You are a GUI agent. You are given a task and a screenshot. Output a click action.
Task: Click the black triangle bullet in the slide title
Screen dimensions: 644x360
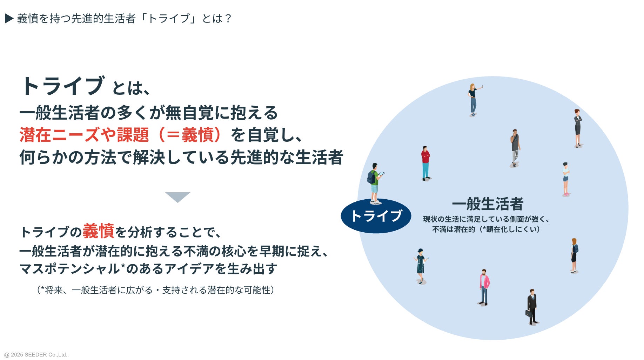[x=9, y=19]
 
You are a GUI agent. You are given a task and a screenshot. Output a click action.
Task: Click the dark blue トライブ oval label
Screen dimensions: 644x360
[x=376, y=216]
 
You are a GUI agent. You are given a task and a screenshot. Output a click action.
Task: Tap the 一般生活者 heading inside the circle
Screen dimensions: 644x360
[x=488, y=204]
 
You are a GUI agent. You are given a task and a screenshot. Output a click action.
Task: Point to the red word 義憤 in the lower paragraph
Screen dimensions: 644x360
[x=99, y=231]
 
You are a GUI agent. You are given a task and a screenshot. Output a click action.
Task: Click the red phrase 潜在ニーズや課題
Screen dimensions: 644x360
[x=84, y=135]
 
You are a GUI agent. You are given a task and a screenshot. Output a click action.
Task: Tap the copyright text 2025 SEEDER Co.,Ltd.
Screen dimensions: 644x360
[x=36, y=355]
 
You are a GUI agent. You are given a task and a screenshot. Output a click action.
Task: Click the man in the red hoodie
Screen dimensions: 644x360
[x=425, y=163]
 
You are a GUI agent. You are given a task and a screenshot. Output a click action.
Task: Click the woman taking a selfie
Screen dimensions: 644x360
[x=473, y=100]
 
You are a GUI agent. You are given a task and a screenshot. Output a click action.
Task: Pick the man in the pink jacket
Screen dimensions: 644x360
[x=484, y=287]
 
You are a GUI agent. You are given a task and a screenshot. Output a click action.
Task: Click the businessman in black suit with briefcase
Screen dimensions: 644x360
[x=532, y=306]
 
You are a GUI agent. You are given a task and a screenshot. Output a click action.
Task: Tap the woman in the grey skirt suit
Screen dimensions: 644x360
[x=577, y=128]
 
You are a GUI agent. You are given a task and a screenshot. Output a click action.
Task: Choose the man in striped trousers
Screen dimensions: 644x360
[x=515, y=147]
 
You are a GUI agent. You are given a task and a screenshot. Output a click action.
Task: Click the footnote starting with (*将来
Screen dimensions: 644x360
[x=155, y=290]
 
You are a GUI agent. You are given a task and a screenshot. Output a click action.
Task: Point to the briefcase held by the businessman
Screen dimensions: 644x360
[x=528, y=313]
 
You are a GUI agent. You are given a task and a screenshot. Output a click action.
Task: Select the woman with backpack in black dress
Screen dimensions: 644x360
[x=574, y=255]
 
